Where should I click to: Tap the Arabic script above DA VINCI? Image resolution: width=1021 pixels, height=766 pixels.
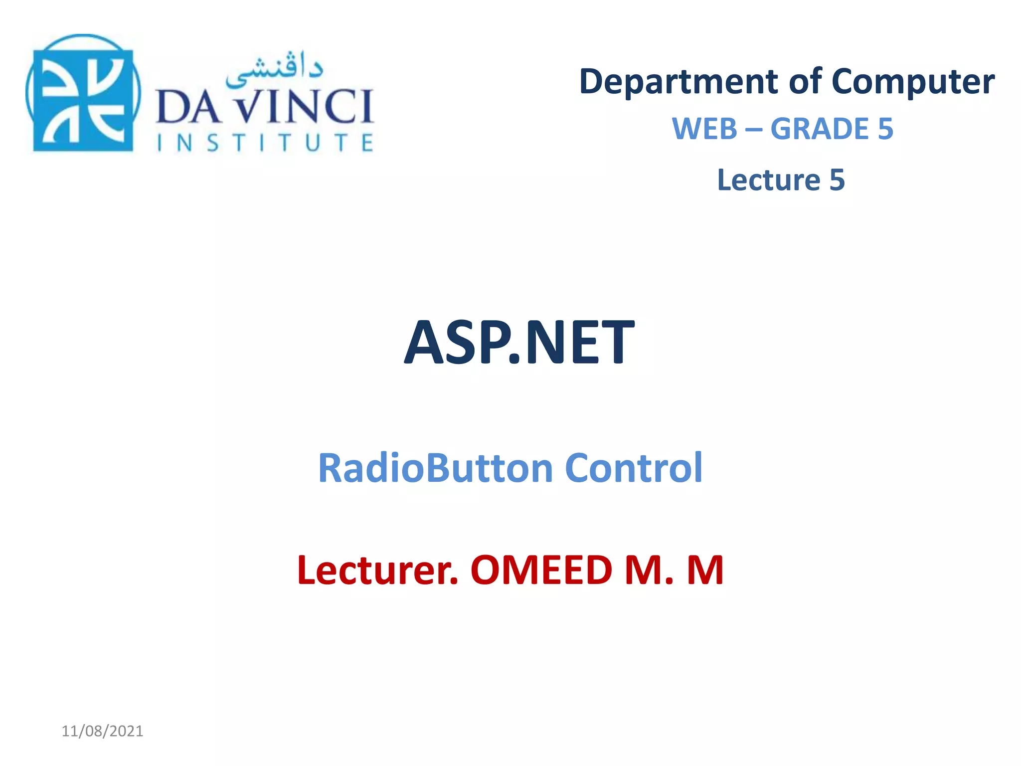tap(274, 70)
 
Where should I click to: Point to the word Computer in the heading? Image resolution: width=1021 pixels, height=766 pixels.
tap(913, 82)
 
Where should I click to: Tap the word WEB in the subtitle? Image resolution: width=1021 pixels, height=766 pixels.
tap(704, 129)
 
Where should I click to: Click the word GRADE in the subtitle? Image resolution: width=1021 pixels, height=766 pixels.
tap(820, 129)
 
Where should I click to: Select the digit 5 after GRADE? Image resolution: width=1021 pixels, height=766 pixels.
tap(885, 129)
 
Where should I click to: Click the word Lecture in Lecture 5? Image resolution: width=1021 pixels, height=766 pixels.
tap(768, 180)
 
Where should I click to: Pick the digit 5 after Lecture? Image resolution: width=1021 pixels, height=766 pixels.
tap(837, 180)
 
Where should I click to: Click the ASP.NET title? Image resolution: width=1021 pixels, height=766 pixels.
tap(519, 343)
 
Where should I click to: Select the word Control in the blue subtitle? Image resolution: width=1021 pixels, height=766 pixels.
tap(634, 468)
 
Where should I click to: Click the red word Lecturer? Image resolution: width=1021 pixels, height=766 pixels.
tap(377, 570)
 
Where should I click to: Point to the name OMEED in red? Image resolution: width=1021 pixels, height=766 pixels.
tap(541, 570)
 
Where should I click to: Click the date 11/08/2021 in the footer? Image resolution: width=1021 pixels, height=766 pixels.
tap(102, 731)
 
